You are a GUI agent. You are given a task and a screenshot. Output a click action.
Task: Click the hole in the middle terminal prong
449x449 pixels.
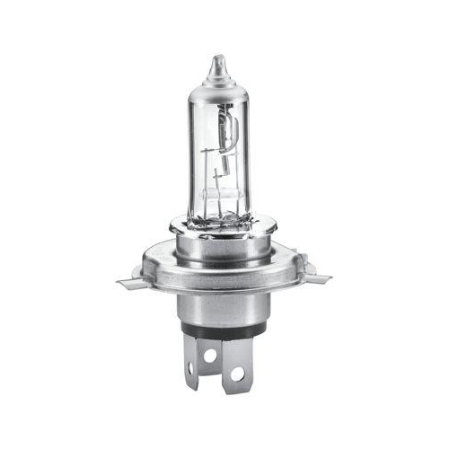point(209,356)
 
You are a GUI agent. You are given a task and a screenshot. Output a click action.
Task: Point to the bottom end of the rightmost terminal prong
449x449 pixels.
point(238,388)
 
